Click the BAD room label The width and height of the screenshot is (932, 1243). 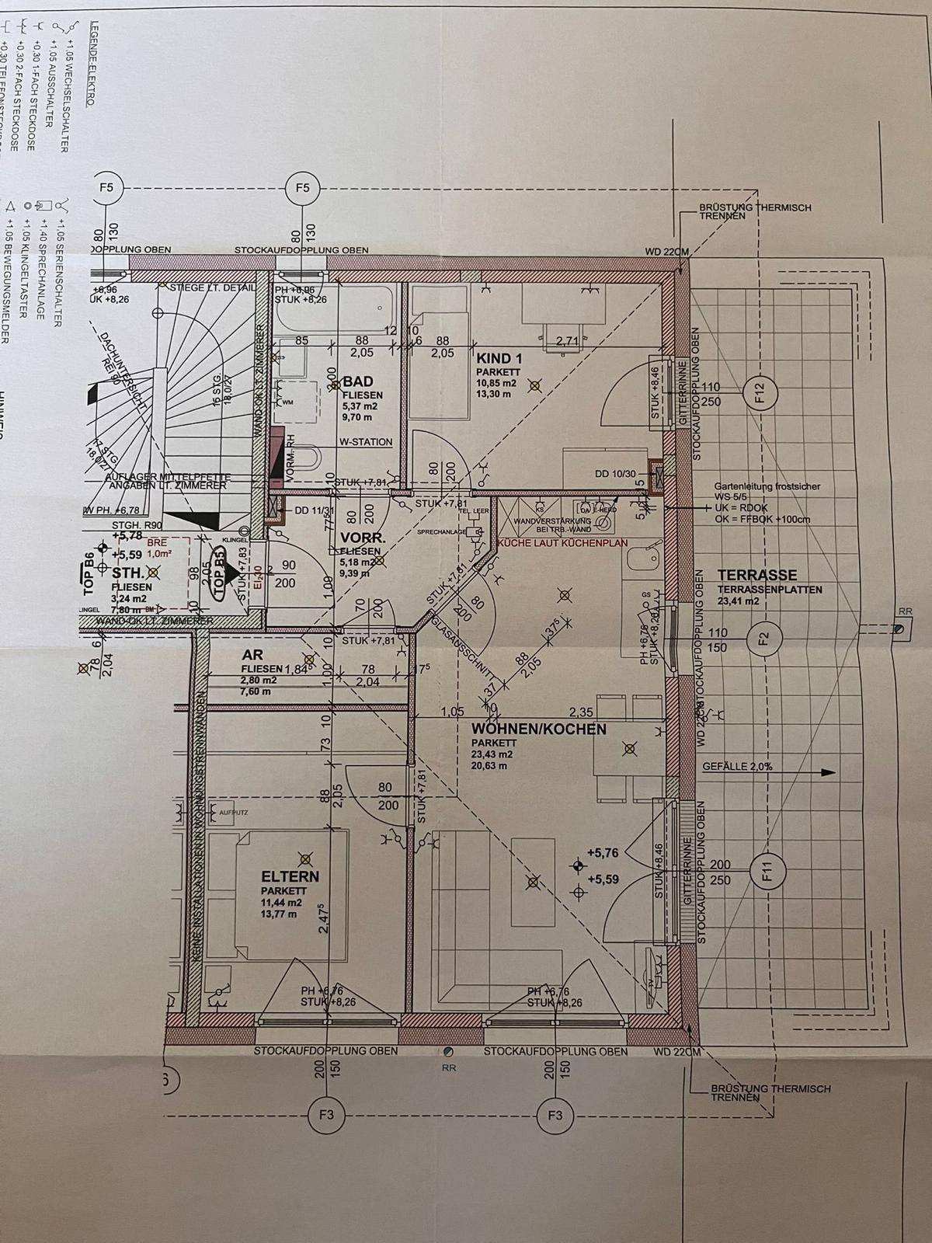358,381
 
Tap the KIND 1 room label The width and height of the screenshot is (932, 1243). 500,358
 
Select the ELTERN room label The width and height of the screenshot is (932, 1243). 290,876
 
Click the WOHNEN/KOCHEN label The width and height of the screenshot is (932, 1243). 539,729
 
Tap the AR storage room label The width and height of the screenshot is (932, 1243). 252,656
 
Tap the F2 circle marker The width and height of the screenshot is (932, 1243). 762,639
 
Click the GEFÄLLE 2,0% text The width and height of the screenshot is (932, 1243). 737,766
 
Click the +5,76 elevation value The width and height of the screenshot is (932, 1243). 603,853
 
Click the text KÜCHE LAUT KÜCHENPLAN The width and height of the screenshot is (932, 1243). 563,543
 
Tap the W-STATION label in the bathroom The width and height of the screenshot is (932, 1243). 366,442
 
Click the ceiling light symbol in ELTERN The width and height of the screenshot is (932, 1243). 306,858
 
